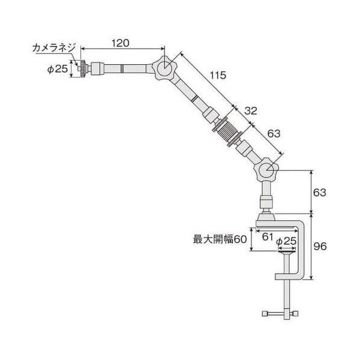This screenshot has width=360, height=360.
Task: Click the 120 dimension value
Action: [x=121, y=43]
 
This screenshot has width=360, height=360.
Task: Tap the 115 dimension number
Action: [x=218, y=75]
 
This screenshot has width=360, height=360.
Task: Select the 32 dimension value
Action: [x=251, y=111]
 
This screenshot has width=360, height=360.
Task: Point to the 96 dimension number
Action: [x=320, y=247]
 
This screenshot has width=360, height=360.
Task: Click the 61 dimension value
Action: [x=268, y=236]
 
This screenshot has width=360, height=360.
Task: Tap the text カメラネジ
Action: [x=54, y=48]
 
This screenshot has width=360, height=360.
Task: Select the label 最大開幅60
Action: [x=220, y=239]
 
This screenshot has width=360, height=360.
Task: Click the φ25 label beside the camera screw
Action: [x=58, y=69]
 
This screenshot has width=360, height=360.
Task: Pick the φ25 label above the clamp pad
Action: [x=286, y=241]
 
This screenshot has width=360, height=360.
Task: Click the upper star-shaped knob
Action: [x=164, y=68]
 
